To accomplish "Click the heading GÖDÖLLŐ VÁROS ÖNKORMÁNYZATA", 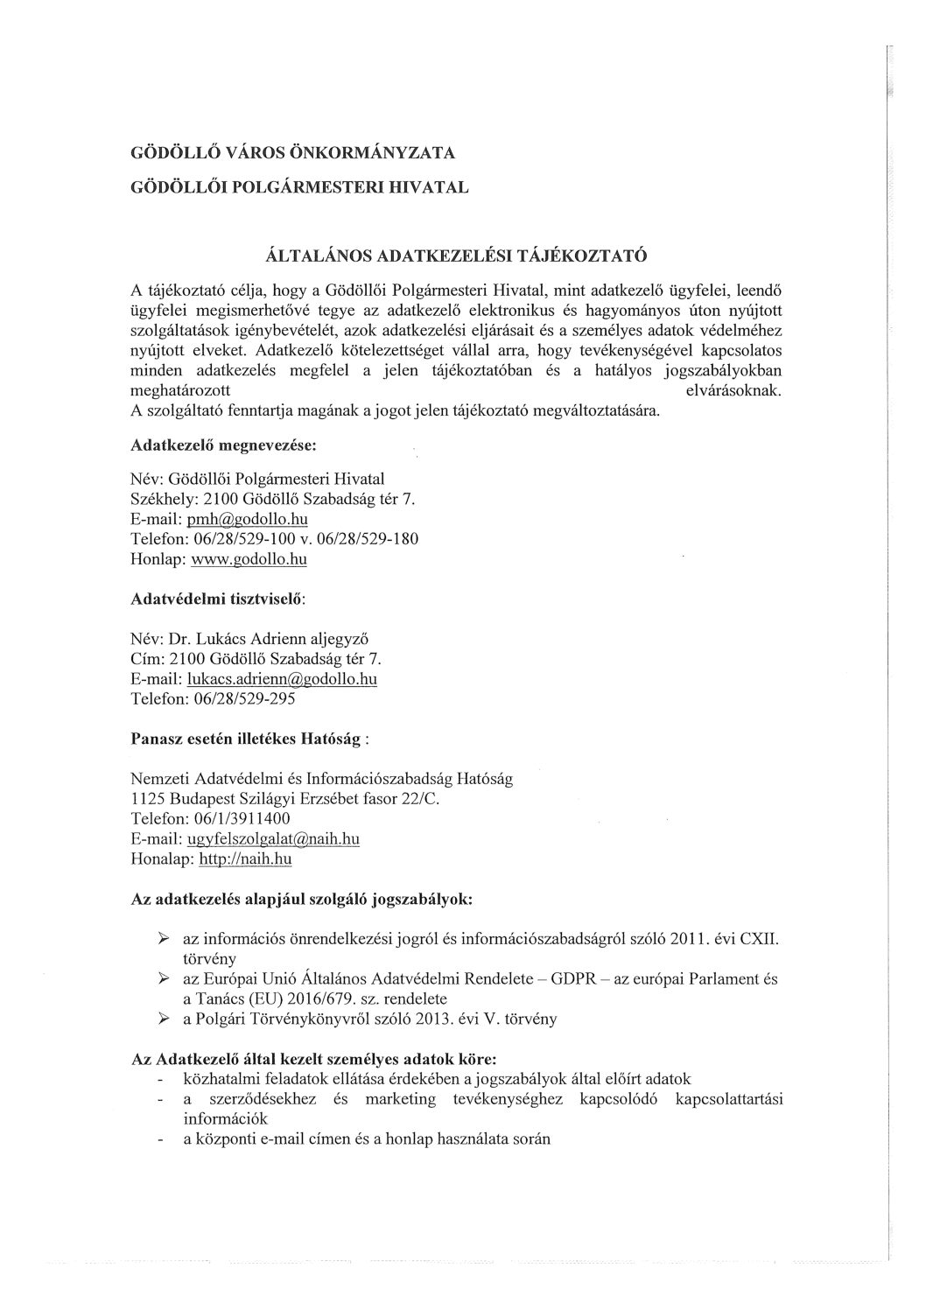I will pos(292,154).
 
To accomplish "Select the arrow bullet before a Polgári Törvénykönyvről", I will pos(163,1019).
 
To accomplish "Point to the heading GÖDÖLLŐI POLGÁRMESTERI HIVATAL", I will pos(299,187).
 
